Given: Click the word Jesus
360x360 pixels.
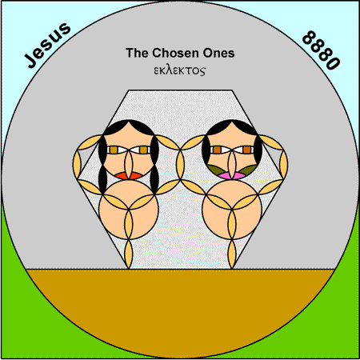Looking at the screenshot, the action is coord(47,45).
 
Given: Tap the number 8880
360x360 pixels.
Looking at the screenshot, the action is coord(321,50).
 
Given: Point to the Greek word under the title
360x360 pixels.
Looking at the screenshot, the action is coord(180,71).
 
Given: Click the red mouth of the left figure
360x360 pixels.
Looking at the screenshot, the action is coord(129,176).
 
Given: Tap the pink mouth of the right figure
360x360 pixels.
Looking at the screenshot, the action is coord(232,175).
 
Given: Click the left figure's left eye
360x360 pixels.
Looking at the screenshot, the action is coord(115,150).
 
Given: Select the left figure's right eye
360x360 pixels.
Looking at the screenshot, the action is coord(142,150).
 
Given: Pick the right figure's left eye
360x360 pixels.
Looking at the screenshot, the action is coord(218,150).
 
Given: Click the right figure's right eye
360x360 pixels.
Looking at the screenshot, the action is coord(245,150).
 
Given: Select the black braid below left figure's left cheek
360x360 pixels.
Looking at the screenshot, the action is coord(102,179).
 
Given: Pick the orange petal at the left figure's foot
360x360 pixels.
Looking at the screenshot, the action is coord(129,254).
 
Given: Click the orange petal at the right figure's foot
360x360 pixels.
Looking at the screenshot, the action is coord(232,254).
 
